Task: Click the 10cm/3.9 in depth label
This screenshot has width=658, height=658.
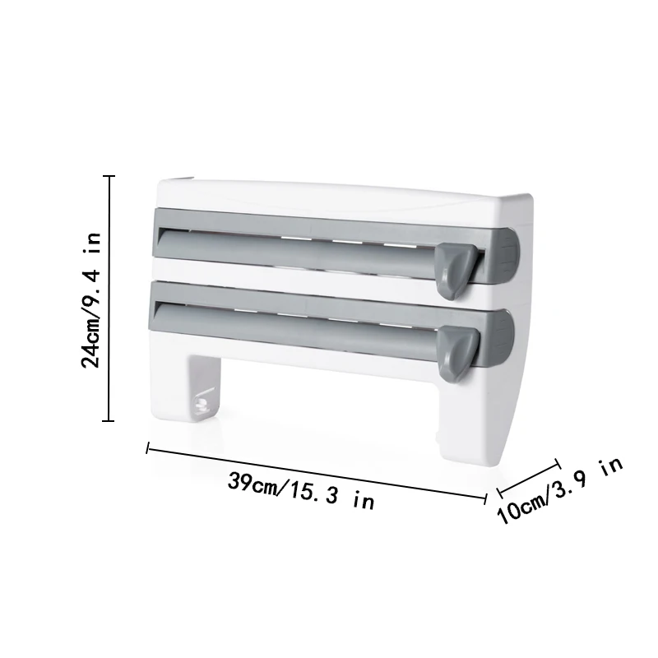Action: click(560, 492)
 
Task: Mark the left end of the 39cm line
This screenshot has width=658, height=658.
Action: click(147, 449)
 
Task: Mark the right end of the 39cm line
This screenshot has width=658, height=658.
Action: click(486, 495)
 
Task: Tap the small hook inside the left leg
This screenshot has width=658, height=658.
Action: click(202, 403)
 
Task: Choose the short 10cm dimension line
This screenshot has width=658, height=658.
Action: click(527, 480)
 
